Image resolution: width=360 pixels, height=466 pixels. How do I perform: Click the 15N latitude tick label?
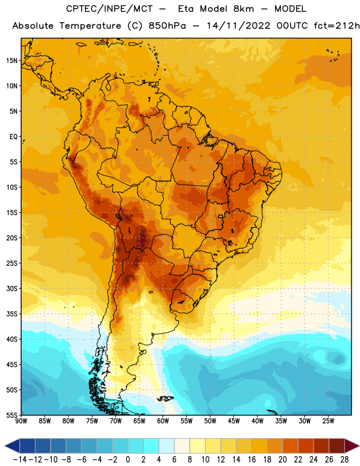12,61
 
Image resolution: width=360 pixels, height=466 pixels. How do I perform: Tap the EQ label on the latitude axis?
13,137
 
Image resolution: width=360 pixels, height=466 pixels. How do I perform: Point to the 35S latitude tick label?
12,314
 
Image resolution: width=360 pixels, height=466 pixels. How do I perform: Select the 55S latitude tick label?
12,415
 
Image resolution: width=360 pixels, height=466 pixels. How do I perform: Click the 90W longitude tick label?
21,421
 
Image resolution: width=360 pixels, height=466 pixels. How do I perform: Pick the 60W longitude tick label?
163,421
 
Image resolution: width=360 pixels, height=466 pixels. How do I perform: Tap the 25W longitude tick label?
328,421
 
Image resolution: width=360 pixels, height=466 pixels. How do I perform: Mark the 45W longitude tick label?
234,421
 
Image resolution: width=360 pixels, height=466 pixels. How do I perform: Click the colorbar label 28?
344,460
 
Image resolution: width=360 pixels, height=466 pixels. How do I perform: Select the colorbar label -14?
20,460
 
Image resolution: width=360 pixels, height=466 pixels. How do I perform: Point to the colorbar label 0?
128,460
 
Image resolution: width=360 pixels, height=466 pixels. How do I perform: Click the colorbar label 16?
252,460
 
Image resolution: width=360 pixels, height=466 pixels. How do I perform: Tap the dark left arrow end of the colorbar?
12,446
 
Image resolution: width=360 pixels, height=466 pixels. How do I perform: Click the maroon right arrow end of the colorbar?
352,446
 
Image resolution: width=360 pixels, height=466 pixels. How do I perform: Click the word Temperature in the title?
90,26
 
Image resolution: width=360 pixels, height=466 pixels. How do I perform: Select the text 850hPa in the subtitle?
167,26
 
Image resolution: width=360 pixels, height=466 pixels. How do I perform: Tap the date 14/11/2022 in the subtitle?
238,26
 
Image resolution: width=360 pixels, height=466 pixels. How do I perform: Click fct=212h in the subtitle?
337,26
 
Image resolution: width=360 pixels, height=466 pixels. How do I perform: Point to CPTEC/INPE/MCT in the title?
110,9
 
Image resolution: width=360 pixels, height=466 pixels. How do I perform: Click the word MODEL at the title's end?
290,9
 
